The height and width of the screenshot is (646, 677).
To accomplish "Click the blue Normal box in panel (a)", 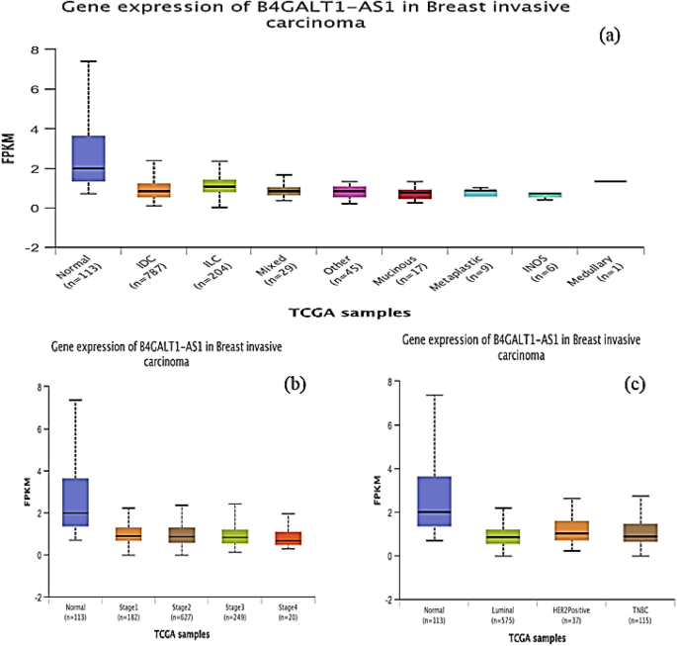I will pos(89,158).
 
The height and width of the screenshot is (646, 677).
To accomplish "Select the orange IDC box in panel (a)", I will pos(153,190).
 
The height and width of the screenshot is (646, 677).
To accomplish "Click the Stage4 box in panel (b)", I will pos(289,538).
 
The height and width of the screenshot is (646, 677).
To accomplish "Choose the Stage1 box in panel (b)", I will pos(127,534).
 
